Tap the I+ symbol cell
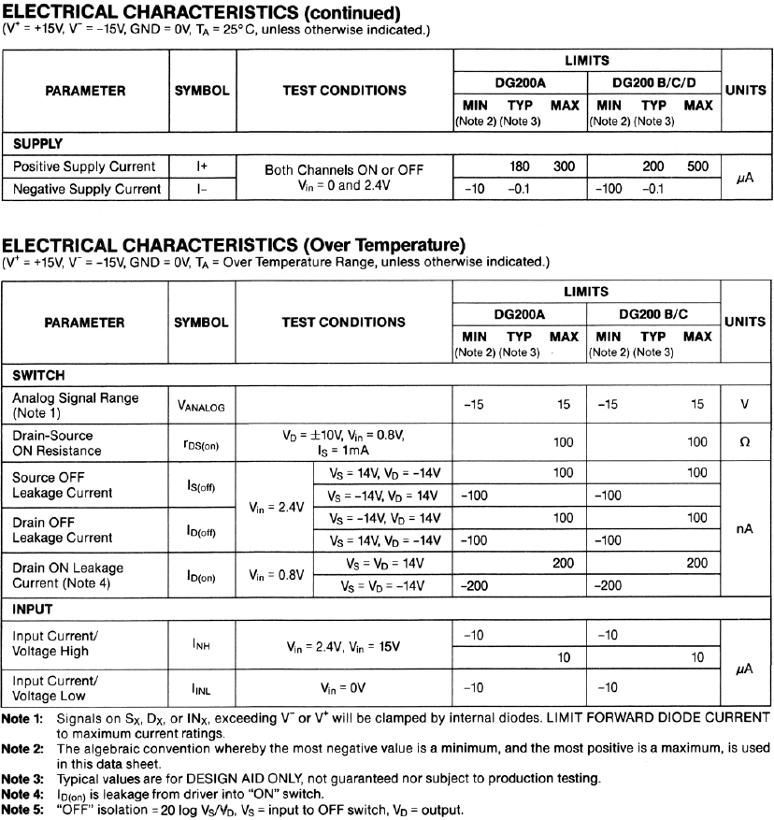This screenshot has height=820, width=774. tap(201, 166)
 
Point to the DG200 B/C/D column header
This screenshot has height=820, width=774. tap(652, 81)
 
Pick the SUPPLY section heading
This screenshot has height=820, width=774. tap(37, 145)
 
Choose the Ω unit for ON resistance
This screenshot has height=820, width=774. tap(744, 441)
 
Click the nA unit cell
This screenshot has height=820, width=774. tap(744, 528)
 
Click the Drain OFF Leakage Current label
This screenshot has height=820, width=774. tap(63, 528)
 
